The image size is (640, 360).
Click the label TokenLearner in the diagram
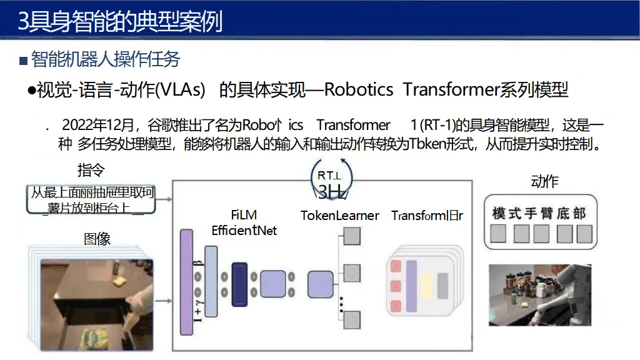coord(339,216)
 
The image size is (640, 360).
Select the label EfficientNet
coord(244,231)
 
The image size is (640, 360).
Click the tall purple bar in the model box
coord(186,282)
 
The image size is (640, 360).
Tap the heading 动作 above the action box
coord(544,182)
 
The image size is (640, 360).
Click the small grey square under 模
coord(498,234)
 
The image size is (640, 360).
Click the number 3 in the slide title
coord(23,23)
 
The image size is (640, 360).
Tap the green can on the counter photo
coord(516,306)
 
